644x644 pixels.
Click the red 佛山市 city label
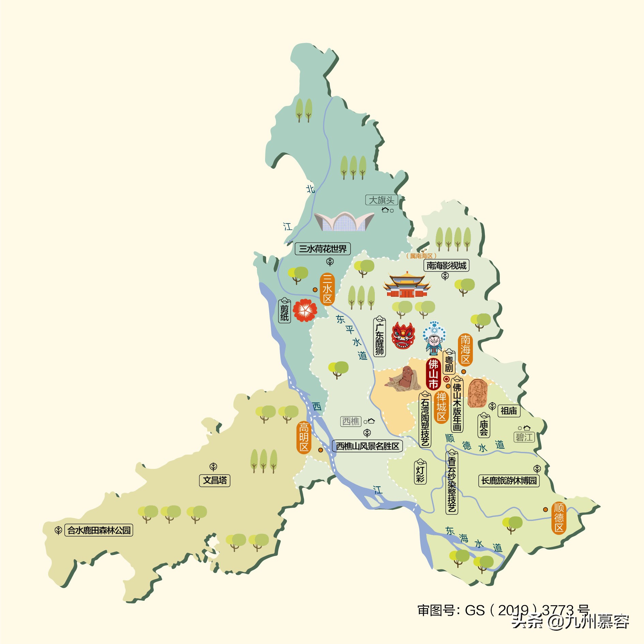pos(433,374)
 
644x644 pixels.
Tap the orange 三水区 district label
pos(327,289)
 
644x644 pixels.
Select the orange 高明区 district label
pos(304,438)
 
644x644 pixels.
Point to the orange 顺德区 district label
pos(559,518)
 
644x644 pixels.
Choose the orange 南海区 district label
pos(465,350)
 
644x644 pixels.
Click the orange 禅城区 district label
pos(441,407)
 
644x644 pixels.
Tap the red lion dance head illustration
pos(403,336)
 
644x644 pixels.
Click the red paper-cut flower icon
pos(305,310)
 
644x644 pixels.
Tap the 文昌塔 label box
pos(215,480)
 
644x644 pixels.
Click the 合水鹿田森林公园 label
pos(99,530)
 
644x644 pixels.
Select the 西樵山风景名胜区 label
pos(367,446)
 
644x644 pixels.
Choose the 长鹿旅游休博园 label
pos(509,480)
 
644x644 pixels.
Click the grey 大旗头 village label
pos(381,200)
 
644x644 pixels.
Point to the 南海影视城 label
pos(446,265)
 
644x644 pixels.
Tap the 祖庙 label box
pos(509,411)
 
